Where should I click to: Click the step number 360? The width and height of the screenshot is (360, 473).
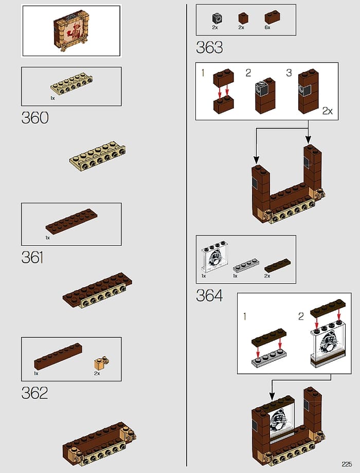34,118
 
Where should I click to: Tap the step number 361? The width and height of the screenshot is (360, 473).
32,257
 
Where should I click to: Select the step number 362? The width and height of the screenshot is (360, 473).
34,393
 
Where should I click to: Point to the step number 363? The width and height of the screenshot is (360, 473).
209,47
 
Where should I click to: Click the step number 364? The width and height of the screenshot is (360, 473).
209,295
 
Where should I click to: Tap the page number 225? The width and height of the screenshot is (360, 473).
347,464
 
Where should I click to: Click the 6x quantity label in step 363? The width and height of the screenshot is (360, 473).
267,27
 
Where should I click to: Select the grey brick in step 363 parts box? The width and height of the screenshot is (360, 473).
217,18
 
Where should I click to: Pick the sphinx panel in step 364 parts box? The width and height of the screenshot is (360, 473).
214,257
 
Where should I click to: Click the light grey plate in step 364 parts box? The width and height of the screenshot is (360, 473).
246,265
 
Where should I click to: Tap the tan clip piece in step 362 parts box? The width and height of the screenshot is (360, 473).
102,363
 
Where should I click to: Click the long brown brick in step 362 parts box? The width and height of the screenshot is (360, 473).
58,357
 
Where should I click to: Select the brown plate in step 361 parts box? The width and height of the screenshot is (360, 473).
71,222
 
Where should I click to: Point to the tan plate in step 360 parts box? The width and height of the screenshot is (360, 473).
71,84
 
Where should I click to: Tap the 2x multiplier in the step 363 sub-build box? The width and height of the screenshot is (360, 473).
328,111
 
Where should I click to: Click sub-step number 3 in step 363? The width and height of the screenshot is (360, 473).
289,72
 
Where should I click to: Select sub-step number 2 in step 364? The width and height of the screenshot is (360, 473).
301,316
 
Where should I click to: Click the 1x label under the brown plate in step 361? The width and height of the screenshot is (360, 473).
48,238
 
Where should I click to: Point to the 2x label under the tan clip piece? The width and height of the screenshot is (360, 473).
97,373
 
